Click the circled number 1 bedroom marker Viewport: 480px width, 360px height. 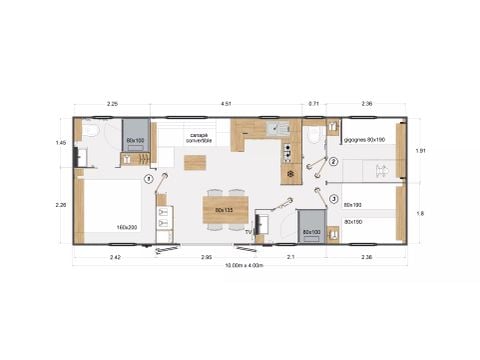tap(149, 180)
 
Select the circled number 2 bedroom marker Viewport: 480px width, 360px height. tap(332, 163)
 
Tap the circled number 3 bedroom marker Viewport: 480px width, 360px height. tap(332, 198)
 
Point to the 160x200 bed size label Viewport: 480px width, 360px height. tap(126, 227)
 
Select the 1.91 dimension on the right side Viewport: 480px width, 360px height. tap(421, 151)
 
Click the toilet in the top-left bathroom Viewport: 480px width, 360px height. tap(89, 133)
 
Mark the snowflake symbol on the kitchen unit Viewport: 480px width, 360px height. tap(291, 173)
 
